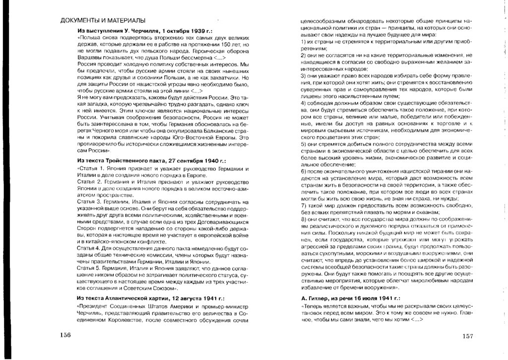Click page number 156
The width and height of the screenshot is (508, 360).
[x=64, y=334]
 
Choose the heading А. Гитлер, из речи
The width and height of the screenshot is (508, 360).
[x=351, y=298]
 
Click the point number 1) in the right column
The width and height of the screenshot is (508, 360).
[x=304, y=43]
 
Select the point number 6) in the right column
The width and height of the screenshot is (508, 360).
[x=304, y=171]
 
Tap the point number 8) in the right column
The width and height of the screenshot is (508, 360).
[x=304, y=218]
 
